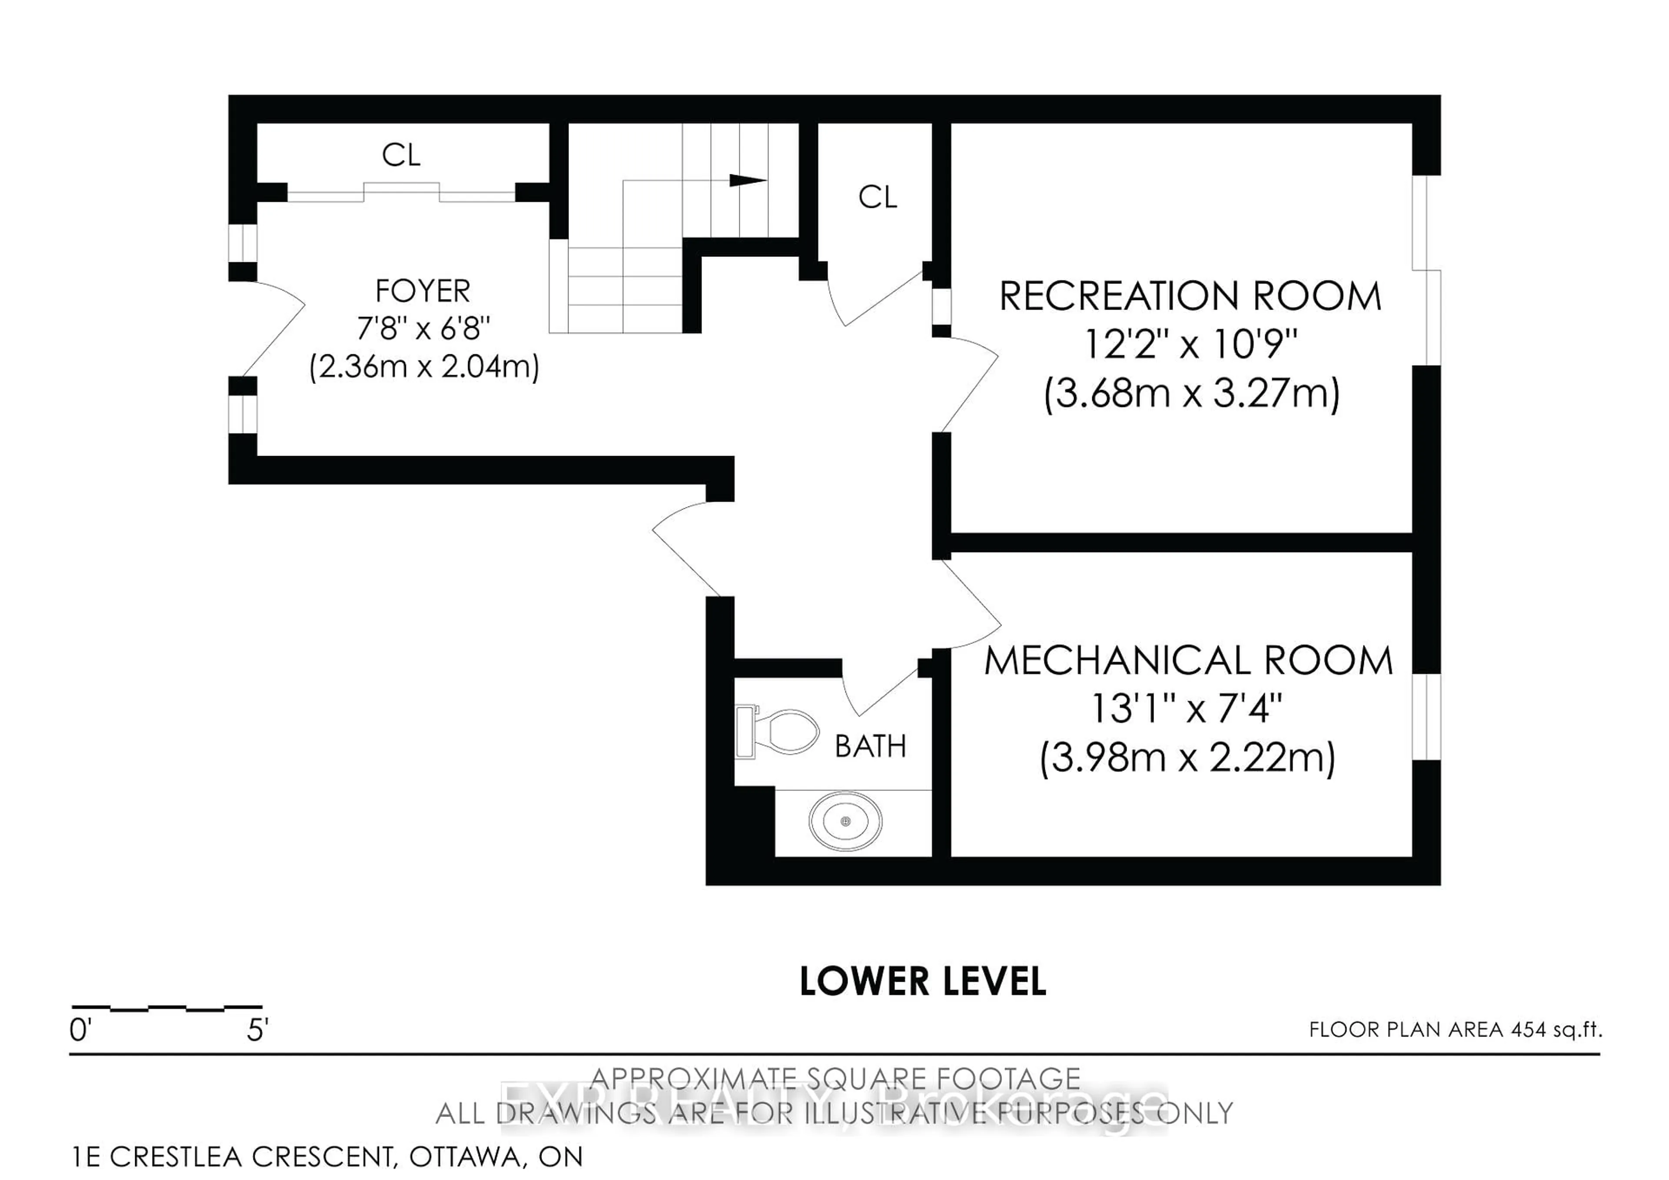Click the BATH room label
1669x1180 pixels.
pyautogui.click(x=870, y=747)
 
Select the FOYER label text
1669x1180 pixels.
pyautogui.click(x=422, y=292)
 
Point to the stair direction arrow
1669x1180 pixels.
pyautogui.click(x=747, y=180)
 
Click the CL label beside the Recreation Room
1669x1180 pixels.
pyautogui.click(x=878, y=197)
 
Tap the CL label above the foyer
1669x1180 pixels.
pyautogui.click(x=401, y=155)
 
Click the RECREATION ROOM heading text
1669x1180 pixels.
pyautogui.click(x=1190, y=297)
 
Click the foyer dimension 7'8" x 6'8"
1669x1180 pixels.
pyautogui.click(x=423, y=329)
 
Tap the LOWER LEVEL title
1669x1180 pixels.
pyautogui.click(x=922, y=981)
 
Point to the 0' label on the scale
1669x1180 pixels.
pyautogui.click(x=80, y=1030)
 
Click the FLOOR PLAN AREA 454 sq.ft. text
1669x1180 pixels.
pyautogui.click(x=1455, y=1030)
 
